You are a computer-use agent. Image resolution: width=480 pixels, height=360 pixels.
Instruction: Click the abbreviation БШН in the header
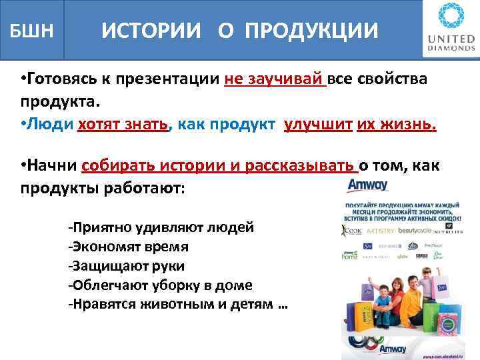click(x=31, y=31)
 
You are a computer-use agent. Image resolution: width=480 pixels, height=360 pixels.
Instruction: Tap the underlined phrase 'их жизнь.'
click(x=396, y=125)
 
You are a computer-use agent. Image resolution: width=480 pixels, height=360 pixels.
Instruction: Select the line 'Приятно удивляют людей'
click(x=161, y=227)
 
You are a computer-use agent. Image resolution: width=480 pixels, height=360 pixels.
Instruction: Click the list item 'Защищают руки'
click(x=126, y=266)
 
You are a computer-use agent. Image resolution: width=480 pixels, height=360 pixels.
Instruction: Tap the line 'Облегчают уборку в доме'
click(x=160, y=285)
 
